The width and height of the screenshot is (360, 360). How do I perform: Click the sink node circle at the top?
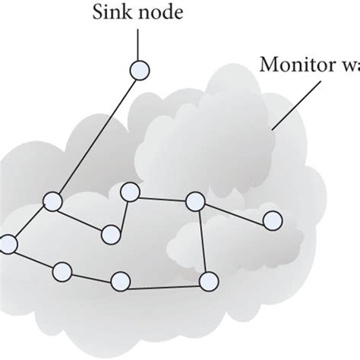coord(140,71)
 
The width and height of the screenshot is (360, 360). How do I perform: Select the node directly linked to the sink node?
coord(52,201)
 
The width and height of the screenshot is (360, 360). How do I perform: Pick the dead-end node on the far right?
coord(272,221)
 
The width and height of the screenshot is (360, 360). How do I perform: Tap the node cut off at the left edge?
coord(7,245)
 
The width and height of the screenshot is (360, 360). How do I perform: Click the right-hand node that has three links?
coord(195,201)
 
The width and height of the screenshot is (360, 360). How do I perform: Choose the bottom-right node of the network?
coord(207,282)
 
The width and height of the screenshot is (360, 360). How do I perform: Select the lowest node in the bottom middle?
coord(120,282)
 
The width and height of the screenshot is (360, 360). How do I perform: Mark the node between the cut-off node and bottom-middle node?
coord(62,270)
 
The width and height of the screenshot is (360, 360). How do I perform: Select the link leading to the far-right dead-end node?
coord(234,211)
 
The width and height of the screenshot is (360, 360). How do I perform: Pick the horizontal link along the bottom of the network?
coord(163,286)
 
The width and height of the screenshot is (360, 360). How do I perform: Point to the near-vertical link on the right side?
coord(201,242)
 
